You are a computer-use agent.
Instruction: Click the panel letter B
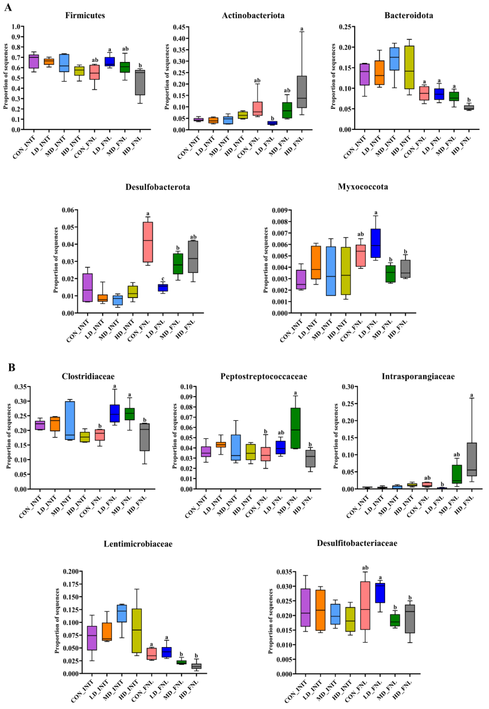(12, 367)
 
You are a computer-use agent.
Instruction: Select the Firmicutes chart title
(85, 15)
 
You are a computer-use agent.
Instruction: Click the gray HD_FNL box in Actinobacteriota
(302, 92)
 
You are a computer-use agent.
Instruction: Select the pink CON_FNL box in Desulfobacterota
(148, 242)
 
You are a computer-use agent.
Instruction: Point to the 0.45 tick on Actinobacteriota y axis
(179, 27)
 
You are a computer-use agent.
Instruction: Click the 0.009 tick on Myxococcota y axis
(280, 210)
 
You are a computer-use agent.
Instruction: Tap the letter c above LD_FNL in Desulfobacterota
(163, 279)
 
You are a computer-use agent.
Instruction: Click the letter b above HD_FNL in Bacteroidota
(469, 100)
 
